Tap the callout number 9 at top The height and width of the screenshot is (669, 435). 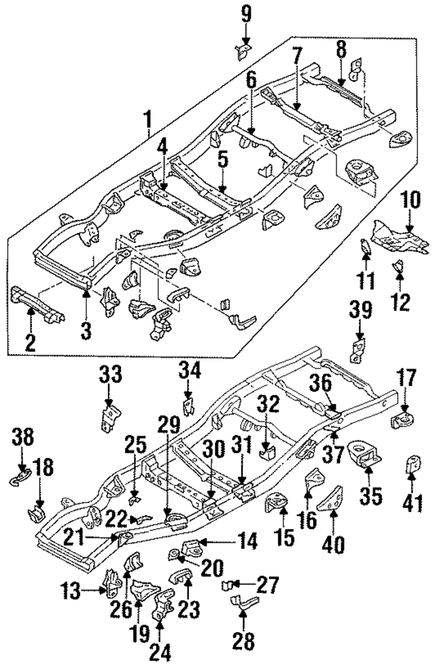point(245,12)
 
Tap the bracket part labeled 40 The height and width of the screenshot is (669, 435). point(333,501)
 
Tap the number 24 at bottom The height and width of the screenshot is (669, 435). point(160,651)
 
